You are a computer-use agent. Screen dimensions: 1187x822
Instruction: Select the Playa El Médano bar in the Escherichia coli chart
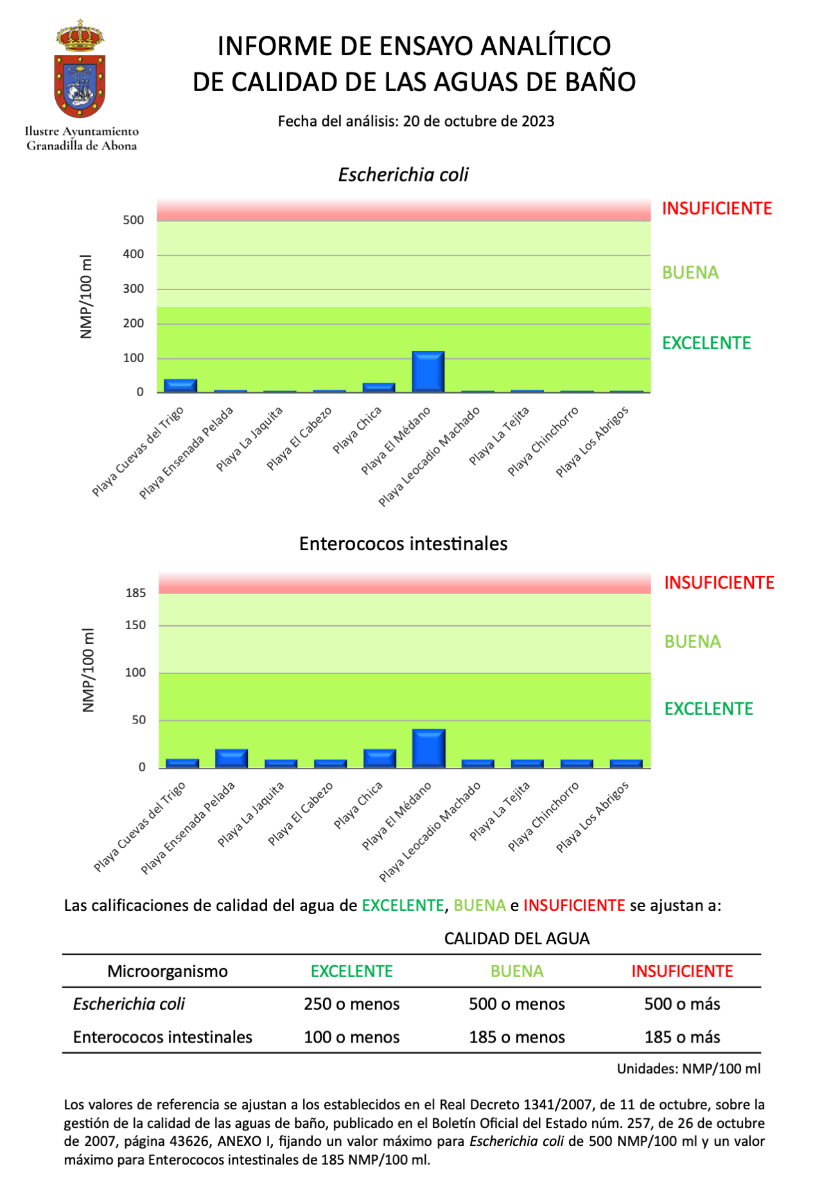[x=428, y=372]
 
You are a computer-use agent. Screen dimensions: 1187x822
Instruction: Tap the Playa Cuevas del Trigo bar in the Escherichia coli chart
[x=180, y=385]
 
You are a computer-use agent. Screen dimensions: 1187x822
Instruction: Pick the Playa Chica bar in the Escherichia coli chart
[x=379, y=387]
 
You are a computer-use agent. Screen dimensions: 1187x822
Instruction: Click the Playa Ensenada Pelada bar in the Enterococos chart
[x=232, y=758]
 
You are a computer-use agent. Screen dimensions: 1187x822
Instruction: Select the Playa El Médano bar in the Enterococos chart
[x=429, y=749]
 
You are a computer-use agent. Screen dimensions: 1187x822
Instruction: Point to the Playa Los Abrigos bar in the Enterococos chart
[x=626, y=763]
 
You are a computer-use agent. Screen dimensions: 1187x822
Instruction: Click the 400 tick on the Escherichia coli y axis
[x=134, y=254]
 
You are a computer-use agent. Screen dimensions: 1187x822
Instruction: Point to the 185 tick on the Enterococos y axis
[x=136, y=593]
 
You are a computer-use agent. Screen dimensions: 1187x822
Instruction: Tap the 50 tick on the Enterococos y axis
[x=139, y=720]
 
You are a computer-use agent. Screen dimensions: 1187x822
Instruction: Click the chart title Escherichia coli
[x=403, y=175]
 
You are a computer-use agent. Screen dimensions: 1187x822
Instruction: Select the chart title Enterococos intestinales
[x=403, y=544]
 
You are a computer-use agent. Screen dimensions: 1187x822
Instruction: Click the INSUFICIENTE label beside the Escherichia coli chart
[x=717, y=209]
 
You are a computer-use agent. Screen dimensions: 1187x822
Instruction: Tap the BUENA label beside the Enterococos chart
[x=692, y=642]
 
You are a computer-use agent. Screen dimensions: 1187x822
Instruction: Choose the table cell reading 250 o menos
[x=351, y=1004]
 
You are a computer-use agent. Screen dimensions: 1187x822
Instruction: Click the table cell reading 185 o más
[x=682, y=1037]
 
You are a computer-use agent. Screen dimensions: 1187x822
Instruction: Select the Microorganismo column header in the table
[x=167, y=971]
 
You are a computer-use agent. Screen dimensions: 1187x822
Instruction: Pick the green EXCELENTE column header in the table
[x=351, y=971]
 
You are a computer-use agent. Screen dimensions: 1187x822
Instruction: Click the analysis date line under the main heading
[x=415, y=121]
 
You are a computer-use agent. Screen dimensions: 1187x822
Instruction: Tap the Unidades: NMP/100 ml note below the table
[x=688, y=1069]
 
